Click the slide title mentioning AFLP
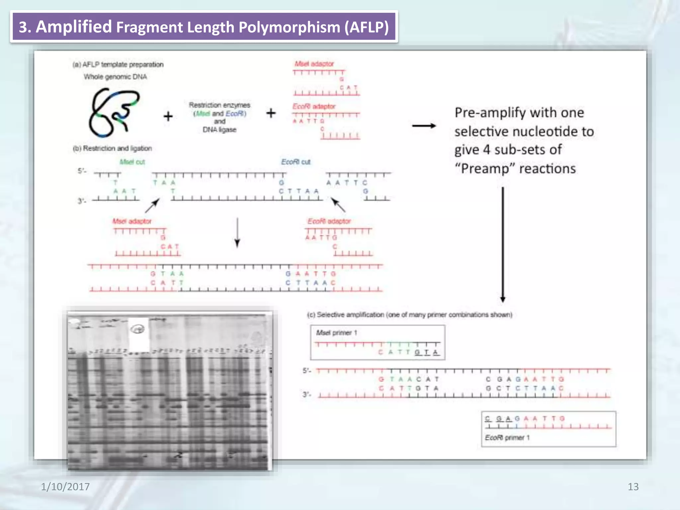click(x=204, y=27)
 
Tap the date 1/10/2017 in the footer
click(x=65, y=486)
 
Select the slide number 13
click(x=633, y=486)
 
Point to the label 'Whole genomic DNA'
click(x=115, y=77)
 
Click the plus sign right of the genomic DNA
click(x=168, y=116)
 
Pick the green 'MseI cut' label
click(x=132, y=162)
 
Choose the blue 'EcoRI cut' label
click(x=296, y=162)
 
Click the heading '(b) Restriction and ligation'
click(x=112, y=148)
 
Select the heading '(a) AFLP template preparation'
click(x=118, y=64)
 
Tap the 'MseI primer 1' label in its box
click(x=336, y=333)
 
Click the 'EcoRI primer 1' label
click(x=507, y=438)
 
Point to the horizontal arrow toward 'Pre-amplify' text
click(x=424, y=126)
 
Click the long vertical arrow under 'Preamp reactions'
click(x=503, y=244)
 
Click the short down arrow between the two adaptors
click(x=237, y=232)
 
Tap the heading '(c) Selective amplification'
click(x=409, y=314)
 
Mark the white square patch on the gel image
click(x=138, y=334)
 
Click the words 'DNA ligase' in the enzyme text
click(x=219, y=129)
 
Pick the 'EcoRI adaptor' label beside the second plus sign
click(x=314, y=106)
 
